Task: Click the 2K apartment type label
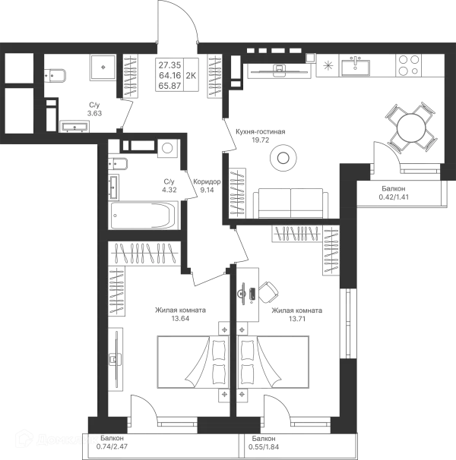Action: click(191, 75)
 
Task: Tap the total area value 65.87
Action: click(169, 86)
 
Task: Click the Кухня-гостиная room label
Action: click(261, 132)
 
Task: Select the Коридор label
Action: click(207, 182)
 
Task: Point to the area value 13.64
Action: click(180, 318)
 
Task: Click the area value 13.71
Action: click(297, 318)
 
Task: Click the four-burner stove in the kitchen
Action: click(408, 65)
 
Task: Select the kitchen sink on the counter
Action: click(355, 66)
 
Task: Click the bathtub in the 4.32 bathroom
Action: click(144, 216)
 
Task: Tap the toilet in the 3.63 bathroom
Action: click(55, 76)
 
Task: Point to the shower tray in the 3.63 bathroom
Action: click(103, 68)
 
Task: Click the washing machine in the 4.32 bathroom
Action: click(167, 147)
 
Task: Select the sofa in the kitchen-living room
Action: click(291, 203)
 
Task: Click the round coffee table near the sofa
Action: click(283, 158)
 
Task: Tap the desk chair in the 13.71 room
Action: click(268, 292)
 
